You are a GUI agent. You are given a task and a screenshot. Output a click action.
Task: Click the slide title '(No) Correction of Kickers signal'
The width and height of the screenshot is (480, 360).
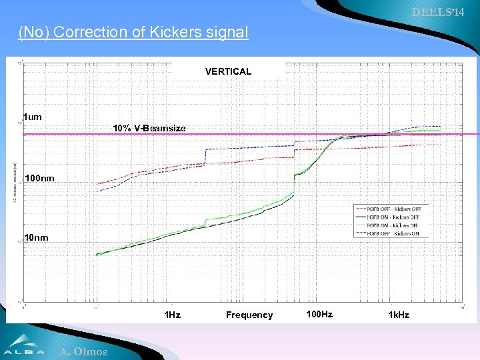point(133,32)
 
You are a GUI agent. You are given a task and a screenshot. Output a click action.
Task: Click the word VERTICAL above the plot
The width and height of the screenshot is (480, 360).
point(228,71)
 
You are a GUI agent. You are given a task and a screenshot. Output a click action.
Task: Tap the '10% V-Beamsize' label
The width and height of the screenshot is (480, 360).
point(149,128)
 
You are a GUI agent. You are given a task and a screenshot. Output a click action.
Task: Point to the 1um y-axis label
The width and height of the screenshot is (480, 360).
point(32,117)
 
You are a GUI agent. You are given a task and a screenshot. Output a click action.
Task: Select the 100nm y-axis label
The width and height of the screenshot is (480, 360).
point(39,178)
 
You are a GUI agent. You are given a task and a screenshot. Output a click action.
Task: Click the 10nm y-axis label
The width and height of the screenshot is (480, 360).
point(36,237)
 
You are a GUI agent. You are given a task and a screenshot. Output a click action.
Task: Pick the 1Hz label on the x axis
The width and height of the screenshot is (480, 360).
point(172,314)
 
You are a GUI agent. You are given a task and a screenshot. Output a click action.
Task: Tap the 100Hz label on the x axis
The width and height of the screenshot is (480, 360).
point(319,313)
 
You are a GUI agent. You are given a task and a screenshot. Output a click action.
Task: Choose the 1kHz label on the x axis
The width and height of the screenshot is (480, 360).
point(399,314)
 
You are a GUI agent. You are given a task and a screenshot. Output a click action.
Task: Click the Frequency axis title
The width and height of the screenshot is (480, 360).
point(249,315)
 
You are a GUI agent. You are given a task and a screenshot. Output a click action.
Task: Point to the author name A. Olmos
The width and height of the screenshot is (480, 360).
point(83,351)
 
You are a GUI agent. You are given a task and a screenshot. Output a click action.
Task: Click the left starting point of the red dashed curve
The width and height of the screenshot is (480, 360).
point(98,184)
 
